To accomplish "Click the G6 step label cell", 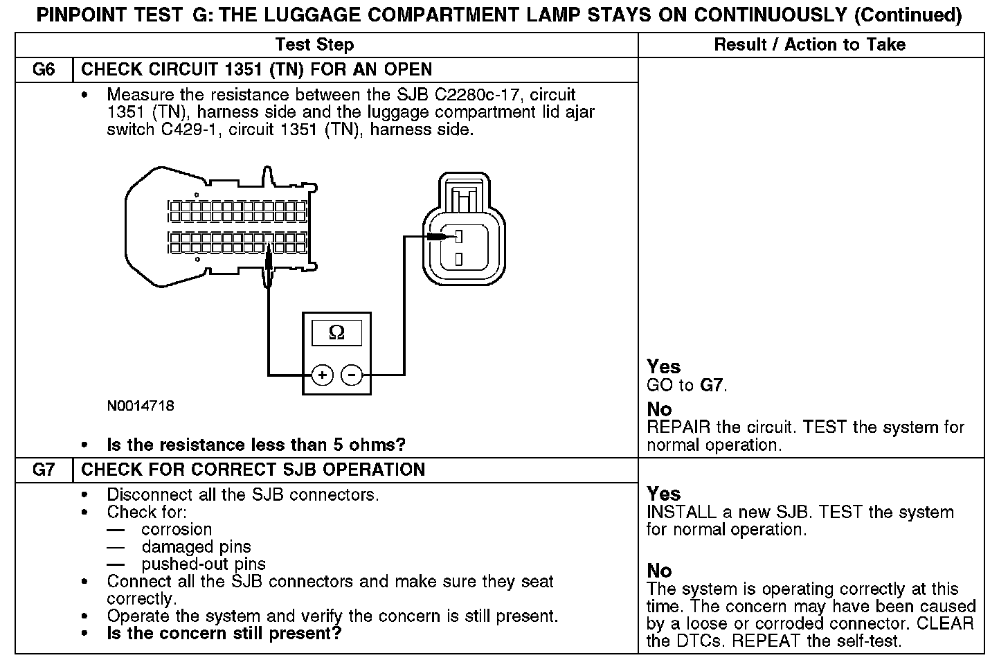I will click(44, 70).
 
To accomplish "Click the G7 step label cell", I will click(44, 470).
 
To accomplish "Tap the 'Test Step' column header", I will click(314, 45).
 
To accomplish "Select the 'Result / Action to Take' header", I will click(809, 45).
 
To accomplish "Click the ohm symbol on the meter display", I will click(336, 333).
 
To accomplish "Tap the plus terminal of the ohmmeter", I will click(322, 375).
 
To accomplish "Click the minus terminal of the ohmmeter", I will click(352, 375).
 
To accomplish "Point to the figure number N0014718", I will click(141, 406).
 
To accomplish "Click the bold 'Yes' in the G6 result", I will click(663, 366).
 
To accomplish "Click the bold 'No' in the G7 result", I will click(659, 571).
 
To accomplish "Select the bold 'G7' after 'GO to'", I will click(712, 385).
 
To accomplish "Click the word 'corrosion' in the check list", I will click(177, 530).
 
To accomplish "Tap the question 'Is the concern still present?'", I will click(224, 633).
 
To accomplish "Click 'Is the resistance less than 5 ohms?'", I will click(256, 445).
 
